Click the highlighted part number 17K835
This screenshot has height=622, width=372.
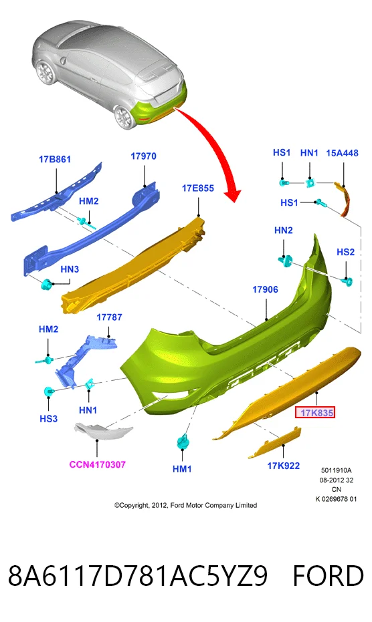(316, 413)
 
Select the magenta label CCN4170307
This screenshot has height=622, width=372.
(98, 464)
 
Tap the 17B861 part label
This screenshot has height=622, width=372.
(55, 160)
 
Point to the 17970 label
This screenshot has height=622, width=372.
(143, 156)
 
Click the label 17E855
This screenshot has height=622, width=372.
(198, 188)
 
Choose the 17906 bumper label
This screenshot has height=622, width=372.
(265, 289)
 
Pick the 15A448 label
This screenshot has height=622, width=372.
(342, 153)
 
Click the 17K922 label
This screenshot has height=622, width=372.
(284, 466)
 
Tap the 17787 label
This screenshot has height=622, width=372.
(109, 317)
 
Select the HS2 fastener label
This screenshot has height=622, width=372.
(345, 252)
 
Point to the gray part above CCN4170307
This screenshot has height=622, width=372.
(103, 431)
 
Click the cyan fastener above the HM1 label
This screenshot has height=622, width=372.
(183, 441)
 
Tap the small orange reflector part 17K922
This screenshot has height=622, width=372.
(275, 442)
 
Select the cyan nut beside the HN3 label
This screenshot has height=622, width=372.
(47, 285)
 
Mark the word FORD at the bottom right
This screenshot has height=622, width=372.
(329, 576)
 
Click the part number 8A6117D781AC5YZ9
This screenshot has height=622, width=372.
(138, 576)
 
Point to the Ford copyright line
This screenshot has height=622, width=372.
(185, 505)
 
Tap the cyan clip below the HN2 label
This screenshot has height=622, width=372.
(285, 261)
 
